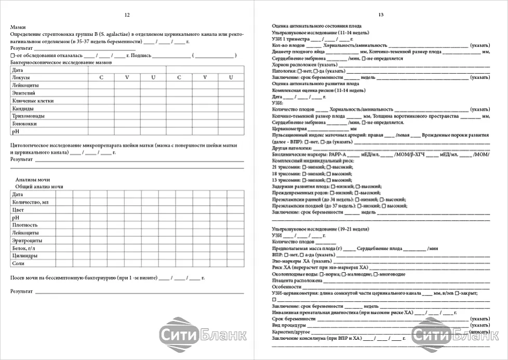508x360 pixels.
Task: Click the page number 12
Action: (128, 15)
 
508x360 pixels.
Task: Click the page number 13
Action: (381, 15)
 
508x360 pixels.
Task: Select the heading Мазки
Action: (18, 26)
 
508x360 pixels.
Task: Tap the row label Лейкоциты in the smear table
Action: (23, 85)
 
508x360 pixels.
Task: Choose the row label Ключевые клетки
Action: (33, 100)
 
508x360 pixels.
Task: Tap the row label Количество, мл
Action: (30, 202)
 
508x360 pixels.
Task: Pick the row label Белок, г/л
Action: (24, 248)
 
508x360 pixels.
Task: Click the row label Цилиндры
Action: (24, 256)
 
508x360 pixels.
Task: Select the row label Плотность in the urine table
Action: (25, 225)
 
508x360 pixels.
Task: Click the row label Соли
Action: (18, 263)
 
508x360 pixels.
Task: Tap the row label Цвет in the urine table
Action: (18, 209)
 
